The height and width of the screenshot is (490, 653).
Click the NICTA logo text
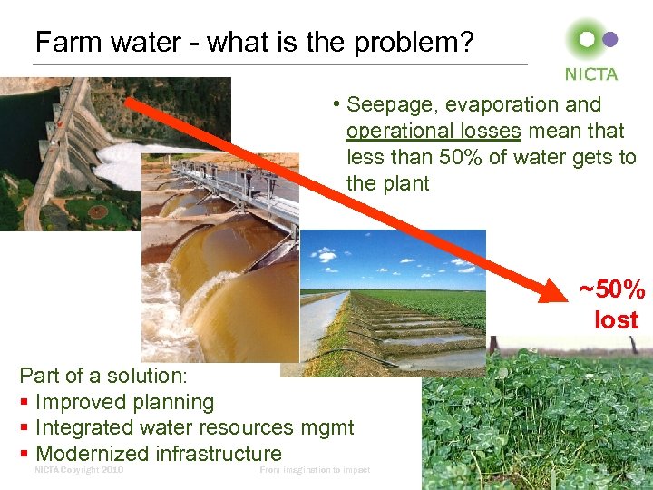tap(590, 74)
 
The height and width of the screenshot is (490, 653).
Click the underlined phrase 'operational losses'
tap(434, 131)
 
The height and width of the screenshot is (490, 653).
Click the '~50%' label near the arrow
tap(613, 290)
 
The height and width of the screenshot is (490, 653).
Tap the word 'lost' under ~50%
tap(617, 319)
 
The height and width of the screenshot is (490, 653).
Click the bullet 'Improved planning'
tap(124, 402)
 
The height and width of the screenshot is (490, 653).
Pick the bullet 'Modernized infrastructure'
tap(158, 454)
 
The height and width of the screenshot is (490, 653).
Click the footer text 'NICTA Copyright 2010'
tap(79, 470)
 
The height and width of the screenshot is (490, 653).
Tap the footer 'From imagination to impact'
tap(315, 470)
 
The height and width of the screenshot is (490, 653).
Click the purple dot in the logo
tap(610, 39)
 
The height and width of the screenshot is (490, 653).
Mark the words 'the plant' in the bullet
tap(387, 183)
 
